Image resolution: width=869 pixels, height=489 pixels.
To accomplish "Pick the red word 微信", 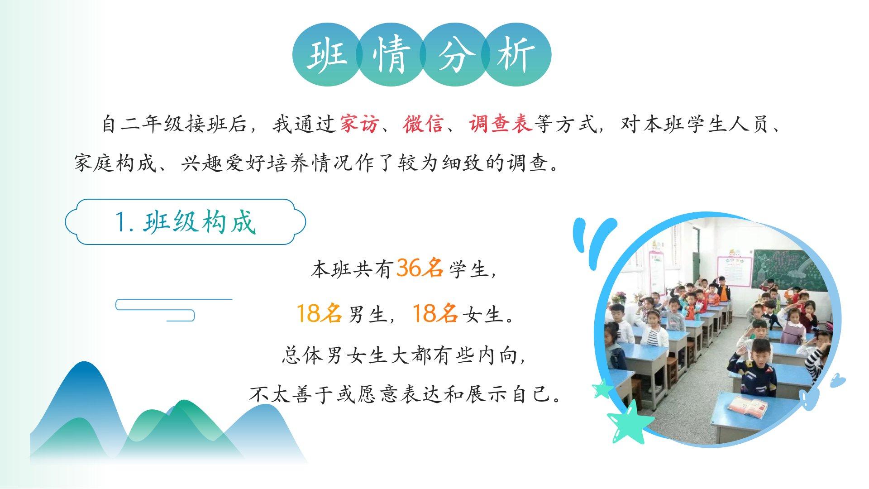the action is tap(423, 124).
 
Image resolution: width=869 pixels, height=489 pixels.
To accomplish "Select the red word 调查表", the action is tap(500, 124).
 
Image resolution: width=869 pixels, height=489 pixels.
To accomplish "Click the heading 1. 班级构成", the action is tap(186, 222).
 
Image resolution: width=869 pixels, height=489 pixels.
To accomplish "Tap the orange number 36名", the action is tap(420, 268).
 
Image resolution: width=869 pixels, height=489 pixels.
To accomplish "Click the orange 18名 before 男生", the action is tap(319, 313).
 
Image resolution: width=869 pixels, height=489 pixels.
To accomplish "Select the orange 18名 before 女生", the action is tap(435, 313).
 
